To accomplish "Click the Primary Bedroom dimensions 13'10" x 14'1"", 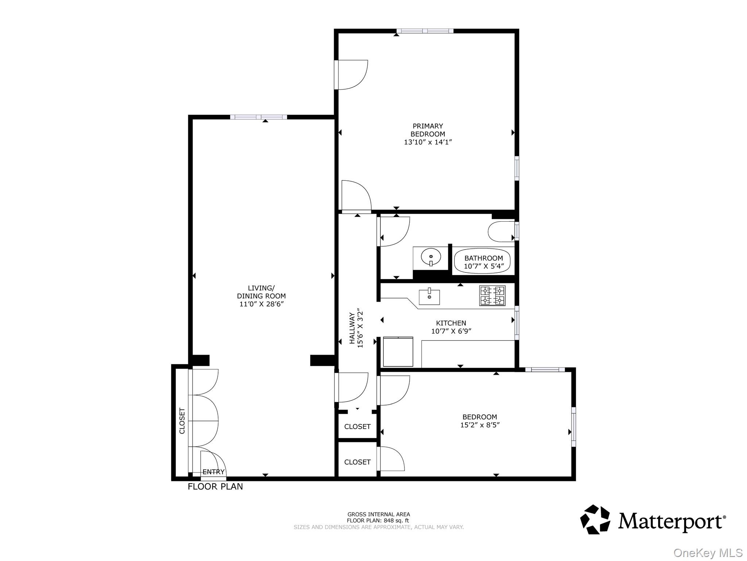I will (428, 142).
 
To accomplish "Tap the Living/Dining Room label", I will (261, 292).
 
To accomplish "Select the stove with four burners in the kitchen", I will (492, 295).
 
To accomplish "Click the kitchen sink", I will (429, 297).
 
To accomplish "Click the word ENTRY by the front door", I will (213, 472).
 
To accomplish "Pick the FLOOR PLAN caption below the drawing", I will (215, 486).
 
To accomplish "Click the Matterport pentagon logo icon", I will (595, 519).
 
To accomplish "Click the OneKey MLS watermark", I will (708, 553).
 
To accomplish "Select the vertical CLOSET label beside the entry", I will (182, 420).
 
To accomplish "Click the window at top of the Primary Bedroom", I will (425, 31).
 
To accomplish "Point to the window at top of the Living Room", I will (258, 117).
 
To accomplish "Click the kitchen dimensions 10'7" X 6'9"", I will (451, 331).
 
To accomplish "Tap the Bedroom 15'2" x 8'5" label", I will (480, 421).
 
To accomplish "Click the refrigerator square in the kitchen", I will (398, 352).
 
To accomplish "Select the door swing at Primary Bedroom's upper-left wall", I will (352, 75).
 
